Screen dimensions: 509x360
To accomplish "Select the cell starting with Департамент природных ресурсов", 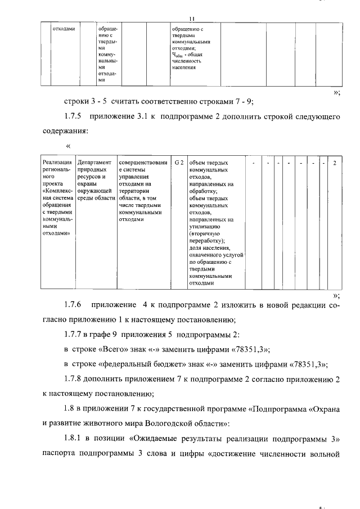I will coord(96,180).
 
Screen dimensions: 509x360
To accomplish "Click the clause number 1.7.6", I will coord(73,305).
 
